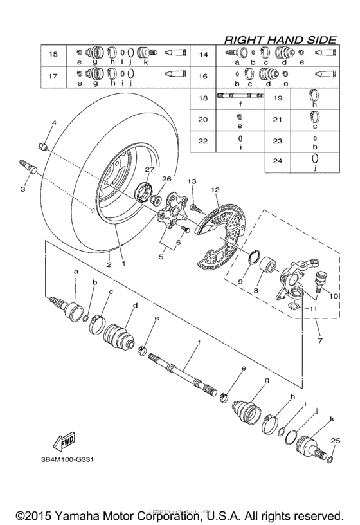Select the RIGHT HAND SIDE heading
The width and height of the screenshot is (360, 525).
click(280, 40)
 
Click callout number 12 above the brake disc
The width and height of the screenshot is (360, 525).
click(214, 190)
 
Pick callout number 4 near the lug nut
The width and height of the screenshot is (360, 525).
click(54, 122)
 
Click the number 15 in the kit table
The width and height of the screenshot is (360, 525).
click(53, 54)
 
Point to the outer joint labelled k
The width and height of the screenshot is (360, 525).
click(316, 445)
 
